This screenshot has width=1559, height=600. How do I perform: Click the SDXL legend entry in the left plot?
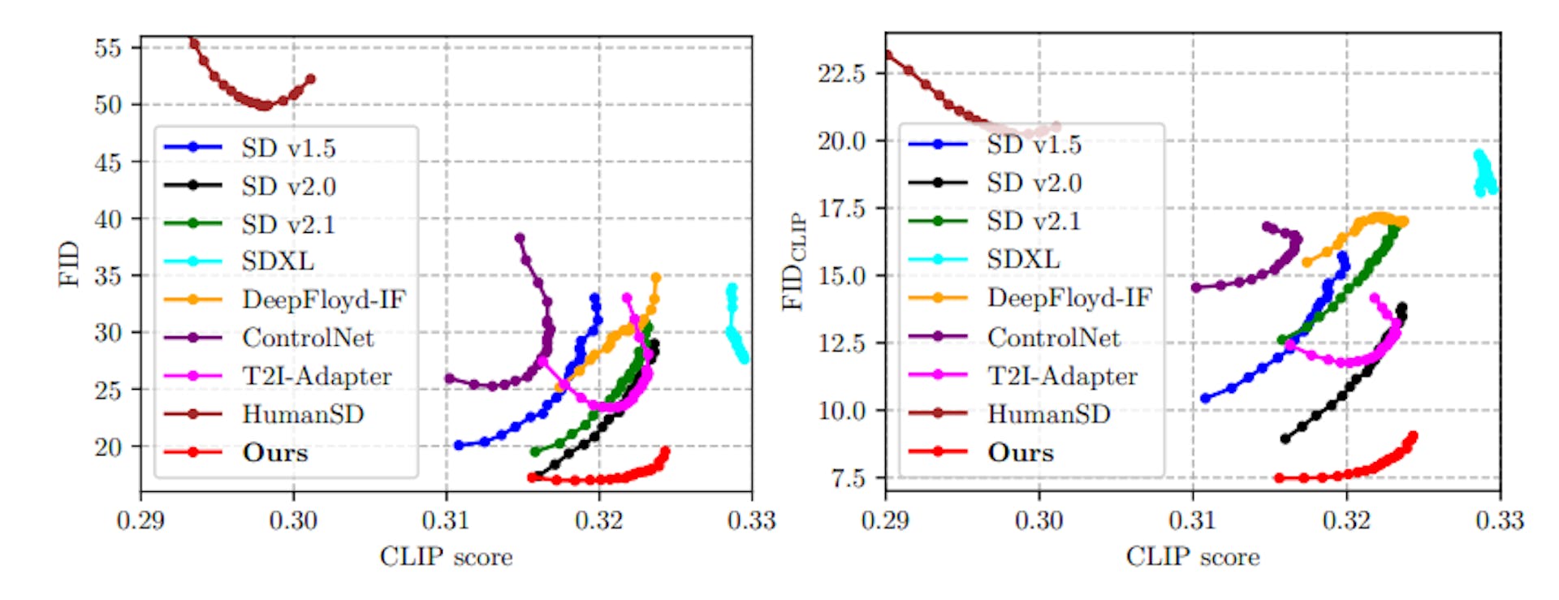coord(277,261)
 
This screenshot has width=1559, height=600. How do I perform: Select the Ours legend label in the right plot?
coord(1021,452)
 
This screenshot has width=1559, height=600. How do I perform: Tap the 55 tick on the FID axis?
coord(108,48)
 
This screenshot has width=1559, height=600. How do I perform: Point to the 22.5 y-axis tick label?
coord(841,74)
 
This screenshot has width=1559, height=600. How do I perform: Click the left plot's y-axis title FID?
coord(70,264)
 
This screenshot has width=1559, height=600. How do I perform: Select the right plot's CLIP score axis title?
coord(1192,557)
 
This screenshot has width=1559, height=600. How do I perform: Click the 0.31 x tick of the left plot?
coord(446,520)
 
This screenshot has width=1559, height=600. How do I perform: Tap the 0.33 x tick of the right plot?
coord(1499,520)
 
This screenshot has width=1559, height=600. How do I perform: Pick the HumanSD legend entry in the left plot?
coord(302,414)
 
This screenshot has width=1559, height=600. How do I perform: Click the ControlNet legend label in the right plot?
coord(1053,337)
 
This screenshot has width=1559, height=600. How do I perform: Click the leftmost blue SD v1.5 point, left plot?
coord(459,445)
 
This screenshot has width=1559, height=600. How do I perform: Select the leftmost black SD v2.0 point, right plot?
coord(1285,439)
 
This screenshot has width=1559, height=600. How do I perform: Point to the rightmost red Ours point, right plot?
coord(1414,436)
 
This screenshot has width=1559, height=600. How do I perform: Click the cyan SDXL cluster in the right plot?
coord(1484,173)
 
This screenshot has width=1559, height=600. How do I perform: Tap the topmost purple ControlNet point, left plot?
coord(520,238)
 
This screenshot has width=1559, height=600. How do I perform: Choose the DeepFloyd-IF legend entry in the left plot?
coord(323,300)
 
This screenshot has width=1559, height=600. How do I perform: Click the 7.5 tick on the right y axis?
coord(848,477)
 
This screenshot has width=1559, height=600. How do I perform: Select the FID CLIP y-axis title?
coord(792,261)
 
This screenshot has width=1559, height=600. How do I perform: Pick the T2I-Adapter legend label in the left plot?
coord(317,376)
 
